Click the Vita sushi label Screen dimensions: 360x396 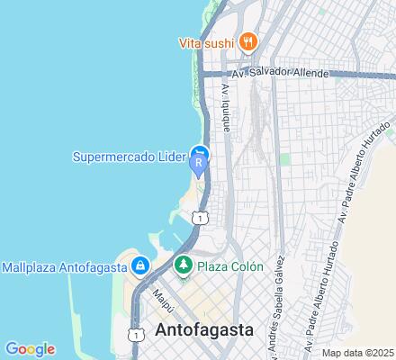206,42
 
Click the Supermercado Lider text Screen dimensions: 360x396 128,155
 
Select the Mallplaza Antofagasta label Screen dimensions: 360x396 64,266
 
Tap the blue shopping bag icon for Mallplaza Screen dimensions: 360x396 139,266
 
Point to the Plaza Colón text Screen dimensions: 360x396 230,266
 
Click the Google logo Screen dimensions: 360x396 30,349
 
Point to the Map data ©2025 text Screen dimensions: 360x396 357,351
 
